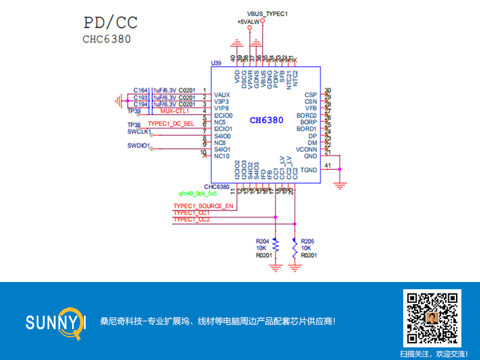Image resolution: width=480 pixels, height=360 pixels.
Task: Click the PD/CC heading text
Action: coord(110,23)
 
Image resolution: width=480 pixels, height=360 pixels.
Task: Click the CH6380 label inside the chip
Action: coord(266,121)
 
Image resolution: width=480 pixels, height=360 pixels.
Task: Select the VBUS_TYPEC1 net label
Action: coord(268,13)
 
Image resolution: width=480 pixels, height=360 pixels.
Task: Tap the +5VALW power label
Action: coord(248,22)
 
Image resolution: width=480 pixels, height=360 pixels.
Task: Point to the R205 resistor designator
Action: coord(308,241)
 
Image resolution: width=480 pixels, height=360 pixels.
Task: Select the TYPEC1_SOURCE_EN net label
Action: coord(203,206)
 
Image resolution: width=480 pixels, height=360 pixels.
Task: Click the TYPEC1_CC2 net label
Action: coord(191,220)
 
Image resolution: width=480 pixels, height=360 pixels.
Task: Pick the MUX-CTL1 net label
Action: coord(175,111)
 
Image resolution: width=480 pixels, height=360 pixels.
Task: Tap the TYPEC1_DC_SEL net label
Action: coord(171,124)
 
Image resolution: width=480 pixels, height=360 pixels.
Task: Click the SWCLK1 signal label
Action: coord(139,131)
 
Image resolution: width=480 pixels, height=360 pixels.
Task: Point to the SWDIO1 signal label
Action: coord(139,145)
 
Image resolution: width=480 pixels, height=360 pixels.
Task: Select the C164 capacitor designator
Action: coord(140,91)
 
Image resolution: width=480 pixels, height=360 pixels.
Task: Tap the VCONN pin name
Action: coord(307,149)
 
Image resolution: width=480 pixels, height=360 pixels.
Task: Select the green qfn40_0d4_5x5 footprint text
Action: coord(197,194)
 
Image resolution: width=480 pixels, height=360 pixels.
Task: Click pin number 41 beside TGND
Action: coord(327,165)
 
